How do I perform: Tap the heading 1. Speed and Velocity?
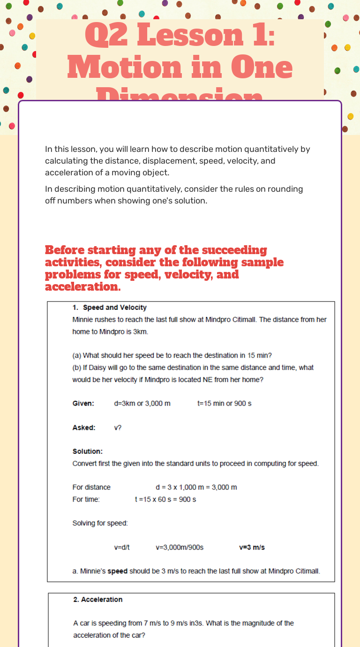coord(110,308)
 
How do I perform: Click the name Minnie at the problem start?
coord(83,320)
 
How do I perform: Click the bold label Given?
coord(83,403)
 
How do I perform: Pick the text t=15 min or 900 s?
coord(224,403)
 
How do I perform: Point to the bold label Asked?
coord(84,428)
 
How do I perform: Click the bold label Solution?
coord(88,451)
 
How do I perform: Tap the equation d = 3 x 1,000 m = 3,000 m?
coord(196,487)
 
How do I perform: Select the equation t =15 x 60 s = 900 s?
coord(165,499)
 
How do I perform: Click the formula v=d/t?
coord(122,547)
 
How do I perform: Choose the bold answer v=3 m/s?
coord(252,547)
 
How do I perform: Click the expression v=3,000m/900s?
coord(180,547)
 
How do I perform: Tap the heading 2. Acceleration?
coord(97,600)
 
